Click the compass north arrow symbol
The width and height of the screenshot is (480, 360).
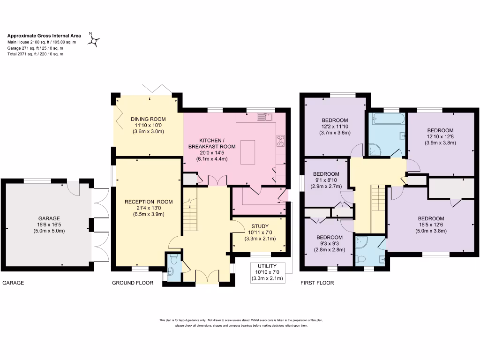click(x=94, y=41)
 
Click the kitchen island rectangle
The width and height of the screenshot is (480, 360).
click(x=247, y=152)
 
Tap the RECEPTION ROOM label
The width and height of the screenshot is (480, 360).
click(x=149, y=202)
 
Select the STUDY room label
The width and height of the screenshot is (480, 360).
click(x=260, y=226)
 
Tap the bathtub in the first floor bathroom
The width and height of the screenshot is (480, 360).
click(x=387, y=119)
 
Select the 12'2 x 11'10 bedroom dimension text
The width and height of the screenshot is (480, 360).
click(x=335, y=126)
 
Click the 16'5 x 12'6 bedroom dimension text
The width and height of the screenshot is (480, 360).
click(x=431, y=225)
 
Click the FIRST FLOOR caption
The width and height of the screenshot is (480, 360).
click(x=316, y=283)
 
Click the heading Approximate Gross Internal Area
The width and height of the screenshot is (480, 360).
click(x=44, y=35)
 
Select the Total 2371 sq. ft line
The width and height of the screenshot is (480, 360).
click(x=35, y=54)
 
